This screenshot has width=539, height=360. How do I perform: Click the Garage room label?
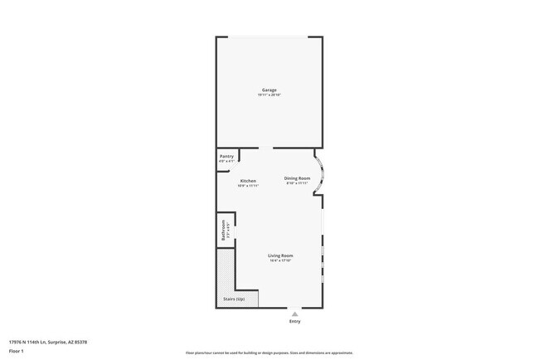(269, 90)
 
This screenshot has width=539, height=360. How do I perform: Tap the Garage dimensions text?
(269, 95)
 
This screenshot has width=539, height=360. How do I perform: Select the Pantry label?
(226, 156)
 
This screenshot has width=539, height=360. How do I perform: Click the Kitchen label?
(248, 181)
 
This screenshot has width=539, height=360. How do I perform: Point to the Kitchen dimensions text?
(248, 186)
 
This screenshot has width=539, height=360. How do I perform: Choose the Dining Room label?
(297, 178)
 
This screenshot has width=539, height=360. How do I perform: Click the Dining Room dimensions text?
(297, 182)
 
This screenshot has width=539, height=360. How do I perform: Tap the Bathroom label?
(224, 230)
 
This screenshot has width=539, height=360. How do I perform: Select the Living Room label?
(280, 255)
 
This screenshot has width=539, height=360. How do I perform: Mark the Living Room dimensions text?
(280, 260)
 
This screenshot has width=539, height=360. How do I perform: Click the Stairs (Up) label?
(234, 299)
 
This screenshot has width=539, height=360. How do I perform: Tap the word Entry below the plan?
(294, 321)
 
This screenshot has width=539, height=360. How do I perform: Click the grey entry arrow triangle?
(294, 313)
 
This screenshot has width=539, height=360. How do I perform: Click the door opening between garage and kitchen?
(265, 148)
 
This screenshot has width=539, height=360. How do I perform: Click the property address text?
(47, 342)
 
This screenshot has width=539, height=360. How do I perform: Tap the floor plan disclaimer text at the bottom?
(269, 353)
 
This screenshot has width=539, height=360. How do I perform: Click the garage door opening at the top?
(269, 37)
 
